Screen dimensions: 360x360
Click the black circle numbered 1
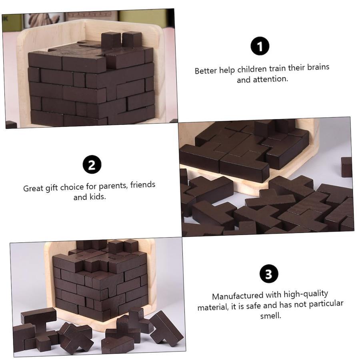click(x=260, y=46)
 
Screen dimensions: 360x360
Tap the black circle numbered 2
click(x=92, y=165)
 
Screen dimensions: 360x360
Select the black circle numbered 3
click(x=269, y=274)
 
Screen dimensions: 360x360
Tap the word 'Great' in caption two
click(x=33, y=188)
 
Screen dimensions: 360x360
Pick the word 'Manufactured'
click(x=234, y=296)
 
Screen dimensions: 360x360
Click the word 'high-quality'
click(x=306, y=294)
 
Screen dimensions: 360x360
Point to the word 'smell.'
click(x=271, y=316)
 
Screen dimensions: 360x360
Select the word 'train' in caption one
click(x=277, y=68)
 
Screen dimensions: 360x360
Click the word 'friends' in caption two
click(x=143, y=184)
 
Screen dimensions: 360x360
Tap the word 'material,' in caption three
click(x=213, y=307)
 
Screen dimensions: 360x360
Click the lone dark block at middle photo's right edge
click(x=346, y=167)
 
